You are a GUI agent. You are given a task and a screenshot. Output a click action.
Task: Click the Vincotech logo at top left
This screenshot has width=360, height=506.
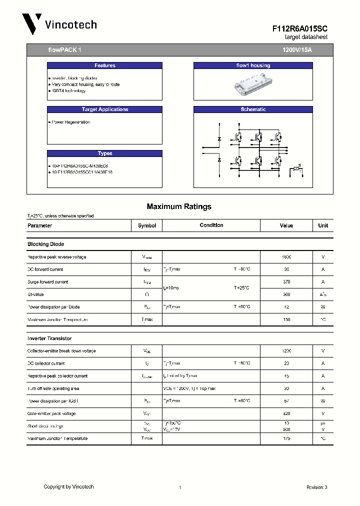[x=59, y=24]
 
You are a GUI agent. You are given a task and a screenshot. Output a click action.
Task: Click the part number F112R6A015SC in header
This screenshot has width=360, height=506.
[x=300, y=29]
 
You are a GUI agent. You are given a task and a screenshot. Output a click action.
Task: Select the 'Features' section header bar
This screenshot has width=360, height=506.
[x=104, y=65]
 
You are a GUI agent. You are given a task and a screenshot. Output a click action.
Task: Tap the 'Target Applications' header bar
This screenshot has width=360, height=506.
[x=104, y=109]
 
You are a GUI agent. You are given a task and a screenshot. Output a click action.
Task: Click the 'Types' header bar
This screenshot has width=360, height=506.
[x=104, y=153]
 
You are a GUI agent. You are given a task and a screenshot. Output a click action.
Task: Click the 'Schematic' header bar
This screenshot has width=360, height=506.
[x=253, y=109]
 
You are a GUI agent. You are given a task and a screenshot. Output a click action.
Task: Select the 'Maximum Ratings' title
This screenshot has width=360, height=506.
[x=179, y=206]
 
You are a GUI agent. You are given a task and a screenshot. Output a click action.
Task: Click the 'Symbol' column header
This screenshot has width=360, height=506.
[x=147, y=225]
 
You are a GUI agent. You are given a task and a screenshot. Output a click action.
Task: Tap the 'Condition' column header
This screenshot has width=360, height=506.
[x=211, y=225]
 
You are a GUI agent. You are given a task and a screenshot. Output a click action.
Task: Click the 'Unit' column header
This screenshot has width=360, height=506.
[x=323, y=225]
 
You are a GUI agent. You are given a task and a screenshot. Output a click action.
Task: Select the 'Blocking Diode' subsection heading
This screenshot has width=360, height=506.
[x=45, y=244]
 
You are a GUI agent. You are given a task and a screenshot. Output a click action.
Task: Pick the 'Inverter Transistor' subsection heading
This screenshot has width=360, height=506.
[x=49, y=338]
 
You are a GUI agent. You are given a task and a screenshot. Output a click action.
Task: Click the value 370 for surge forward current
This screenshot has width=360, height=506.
[x=286, y=282]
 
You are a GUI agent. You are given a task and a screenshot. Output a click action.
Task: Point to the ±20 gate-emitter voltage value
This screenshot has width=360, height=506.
[x=286, y=413]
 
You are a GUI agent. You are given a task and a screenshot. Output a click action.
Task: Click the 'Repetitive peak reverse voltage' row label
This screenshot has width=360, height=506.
[x=56, y=257]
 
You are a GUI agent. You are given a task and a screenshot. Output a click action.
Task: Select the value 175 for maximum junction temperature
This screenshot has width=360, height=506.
[x=286, y=438]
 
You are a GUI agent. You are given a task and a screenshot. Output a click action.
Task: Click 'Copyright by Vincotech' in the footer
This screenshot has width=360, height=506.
[x=68, y=486]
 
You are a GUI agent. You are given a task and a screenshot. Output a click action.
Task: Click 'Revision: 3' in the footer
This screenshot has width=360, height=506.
[x=316, y=487]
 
